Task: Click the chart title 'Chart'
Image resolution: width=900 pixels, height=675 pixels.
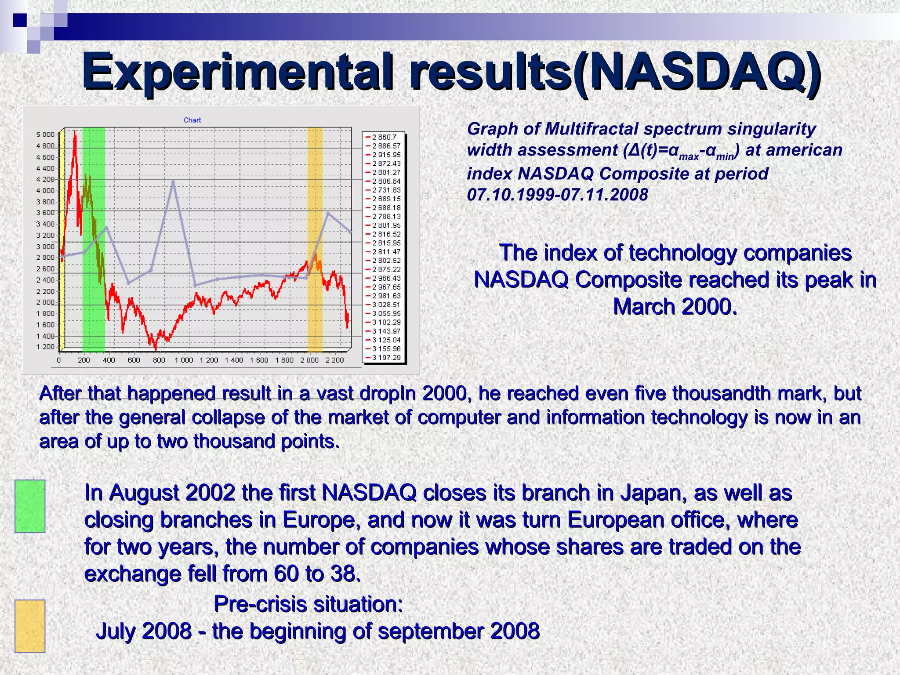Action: (x=192, y=120)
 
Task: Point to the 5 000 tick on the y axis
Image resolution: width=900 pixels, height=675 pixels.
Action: (x=45, y=134)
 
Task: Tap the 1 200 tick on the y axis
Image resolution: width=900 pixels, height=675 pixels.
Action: (x=45, y=347)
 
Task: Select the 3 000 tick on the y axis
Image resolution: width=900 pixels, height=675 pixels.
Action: (x=45, y=247)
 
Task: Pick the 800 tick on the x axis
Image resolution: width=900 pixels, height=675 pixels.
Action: (x=159, y=360)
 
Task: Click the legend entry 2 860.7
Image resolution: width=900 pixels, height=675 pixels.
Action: (x=384, y=137)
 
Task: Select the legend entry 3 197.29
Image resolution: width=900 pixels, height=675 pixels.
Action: (x=386, y=357)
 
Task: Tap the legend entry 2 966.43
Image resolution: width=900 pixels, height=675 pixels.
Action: (x=386, y=278)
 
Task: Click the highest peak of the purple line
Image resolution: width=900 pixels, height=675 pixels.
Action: (x=173, y=181)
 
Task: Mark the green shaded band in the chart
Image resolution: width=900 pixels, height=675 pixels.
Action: (x=94, y=240)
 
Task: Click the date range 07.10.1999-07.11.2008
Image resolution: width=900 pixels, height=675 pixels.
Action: (x=557, y=194)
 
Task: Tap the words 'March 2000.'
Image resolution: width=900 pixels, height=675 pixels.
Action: (x=675, y=306)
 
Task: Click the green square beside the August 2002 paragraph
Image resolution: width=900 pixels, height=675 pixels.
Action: (x=30, y=506)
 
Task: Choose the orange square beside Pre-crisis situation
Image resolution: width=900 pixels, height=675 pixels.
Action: (x=30, y=626)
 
